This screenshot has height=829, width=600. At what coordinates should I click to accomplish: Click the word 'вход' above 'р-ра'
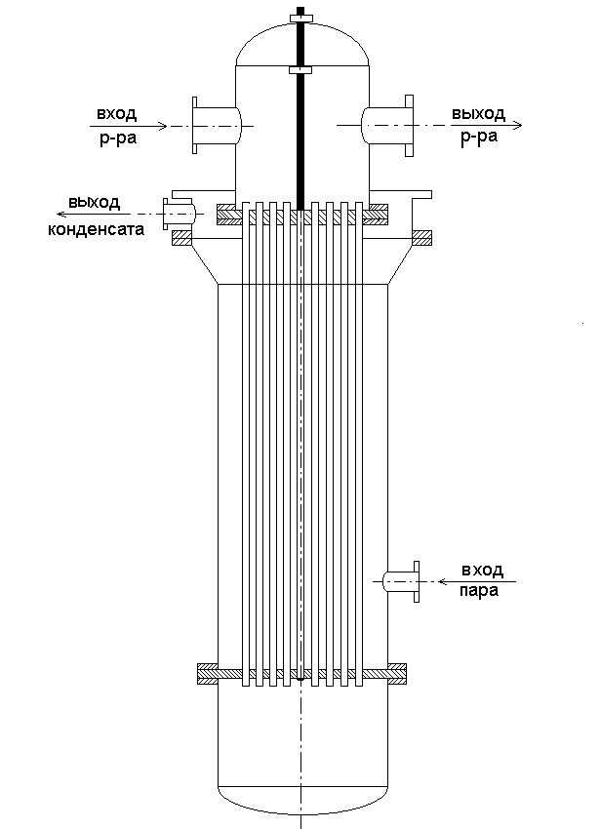pyautogui.click(x=117, y=114)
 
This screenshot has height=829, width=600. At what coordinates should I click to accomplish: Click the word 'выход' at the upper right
pyautogui.click(x=478, y=114)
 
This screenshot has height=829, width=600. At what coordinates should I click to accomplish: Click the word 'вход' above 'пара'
pyautogui.click(x=479, y=570)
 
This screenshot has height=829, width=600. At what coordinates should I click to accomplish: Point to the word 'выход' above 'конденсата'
pyautogui.click(x=94, y=203)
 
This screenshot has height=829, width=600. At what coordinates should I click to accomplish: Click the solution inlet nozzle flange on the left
pyautogui.click(x=196, y=125)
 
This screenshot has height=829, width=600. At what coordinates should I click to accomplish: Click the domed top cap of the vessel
pyautogui.click(x=301, y=44)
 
